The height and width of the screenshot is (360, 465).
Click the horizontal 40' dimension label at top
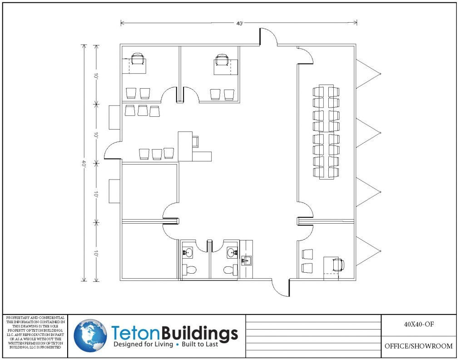[x=239, y=23]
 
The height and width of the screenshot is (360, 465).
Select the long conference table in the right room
[x=326, y=132]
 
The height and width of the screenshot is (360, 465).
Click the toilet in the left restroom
[x=188, y=270]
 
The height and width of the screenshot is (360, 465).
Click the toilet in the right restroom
[x=231, y=270]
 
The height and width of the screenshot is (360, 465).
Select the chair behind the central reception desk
[x=195, y=141]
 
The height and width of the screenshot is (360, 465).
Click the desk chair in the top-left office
[x=138, y=59]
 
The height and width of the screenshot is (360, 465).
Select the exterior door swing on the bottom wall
[x=280, y=287]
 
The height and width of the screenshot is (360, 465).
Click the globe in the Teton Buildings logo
[x=90, y=336]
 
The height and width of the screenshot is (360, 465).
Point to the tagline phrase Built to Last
[x=200, y=345]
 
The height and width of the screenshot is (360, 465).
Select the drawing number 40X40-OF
[x=418, y=325]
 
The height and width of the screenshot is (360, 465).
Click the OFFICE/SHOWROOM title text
[x=418, y=346]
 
